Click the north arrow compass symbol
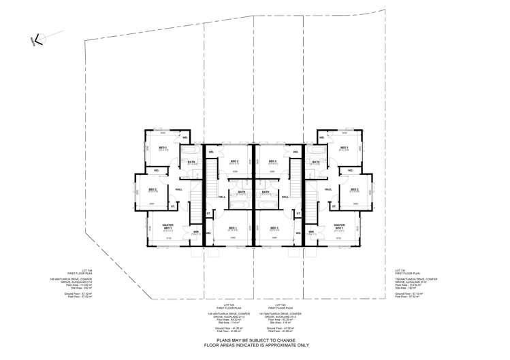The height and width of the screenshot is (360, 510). tap(38, 39)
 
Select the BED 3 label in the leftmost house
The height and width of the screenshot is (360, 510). tap(163, 147)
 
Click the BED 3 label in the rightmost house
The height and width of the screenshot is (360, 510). tap(344, 147)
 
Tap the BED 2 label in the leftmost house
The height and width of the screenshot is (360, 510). tap(153, 189)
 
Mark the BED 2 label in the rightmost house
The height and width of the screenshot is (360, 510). tap(354, 189)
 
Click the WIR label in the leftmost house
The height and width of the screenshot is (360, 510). tap(195, 231)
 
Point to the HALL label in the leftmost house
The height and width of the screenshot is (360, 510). tap(179, 189)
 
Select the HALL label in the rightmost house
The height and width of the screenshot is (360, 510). tap(328, 189)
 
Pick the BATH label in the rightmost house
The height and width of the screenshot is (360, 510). tap(315, 161)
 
